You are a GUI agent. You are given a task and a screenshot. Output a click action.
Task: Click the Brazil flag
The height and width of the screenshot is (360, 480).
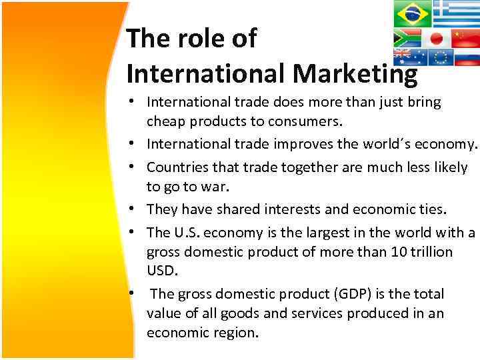tap(412, 13)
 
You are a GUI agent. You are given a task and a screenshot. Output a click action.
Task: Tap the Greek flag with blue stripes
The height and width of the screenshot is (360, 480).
tap(456, 12)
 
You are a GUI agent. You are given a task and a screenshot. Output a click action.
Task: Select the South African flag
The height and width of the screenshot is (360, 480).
tap(407, 37)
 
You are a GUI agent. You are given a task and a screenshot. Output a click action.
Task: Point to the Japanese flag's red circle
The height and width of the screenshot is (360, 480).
tap(436, 37)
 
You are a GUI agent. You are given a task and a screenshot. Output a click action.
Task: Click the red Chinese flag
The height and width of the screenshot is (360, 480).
tap(465, 37)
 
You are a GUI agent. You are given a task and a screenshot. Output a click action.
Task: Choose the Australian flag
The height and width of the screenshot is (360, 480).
tap(409, 57)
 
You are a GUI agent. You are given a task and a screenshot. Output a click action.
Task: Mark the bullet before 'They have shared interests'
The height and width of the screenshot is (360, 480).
tap(135, 209)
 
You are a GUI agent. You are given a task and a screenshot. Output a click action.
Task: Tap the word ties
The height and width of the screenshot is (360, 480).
tap(431, 209)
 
